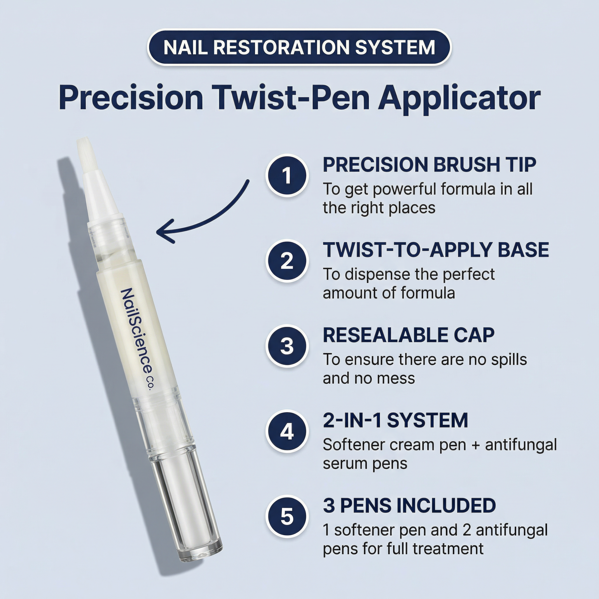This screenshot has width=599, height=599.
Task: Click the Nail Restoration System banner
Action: click(x=299, y=47)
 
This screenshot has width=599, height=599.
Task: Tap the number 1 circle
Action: click(x=287, y=176)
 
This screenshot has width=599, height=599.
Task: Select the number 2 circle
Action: click(x=287, y=261)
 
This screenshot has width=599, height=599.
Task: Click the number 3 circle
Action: click(x=287, y=346)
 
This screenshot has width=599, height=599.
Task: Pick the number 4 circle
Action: click(x=287, y=432)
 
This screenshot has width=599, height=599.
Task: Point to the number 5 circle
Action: click(x=287, y=517)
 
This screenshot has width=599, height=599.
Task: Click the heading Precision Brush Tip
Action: click(x=429, y=165)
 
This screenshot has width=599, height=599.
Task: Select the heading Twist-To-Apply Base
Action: click(x=436, y=250)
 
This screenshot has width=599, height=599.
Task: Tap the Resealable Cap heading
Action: click(x=408, y=335)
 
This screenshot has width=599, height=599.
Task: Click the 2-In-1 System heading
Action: click(x=395, y=420)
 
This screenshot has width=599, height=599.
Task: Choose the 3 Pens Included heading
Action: click(x=409, y=506)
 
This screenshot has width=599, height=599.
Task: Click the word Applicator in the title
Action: click(x=459, y=99)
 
